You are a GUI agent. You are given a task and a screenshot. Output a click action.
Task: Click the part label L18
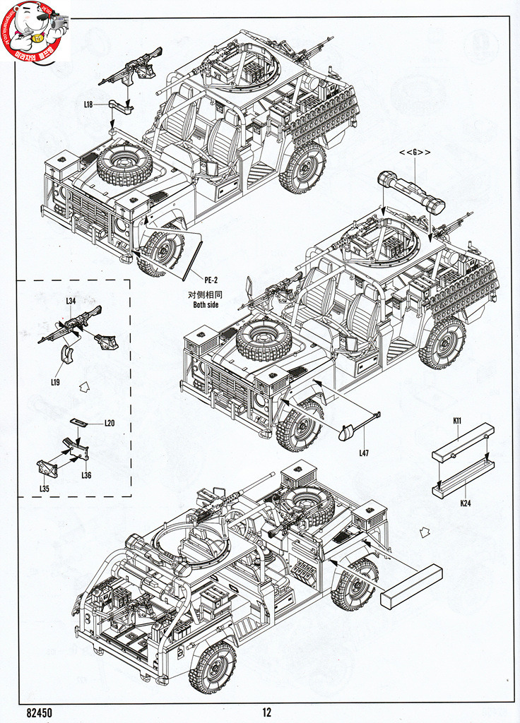[x=88, y=104]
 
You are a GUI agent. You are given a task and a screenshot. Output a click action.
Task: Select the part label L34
[x=71, y=301]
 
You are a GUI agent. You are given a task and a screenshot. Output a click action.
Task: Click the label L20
[x=109, y=423]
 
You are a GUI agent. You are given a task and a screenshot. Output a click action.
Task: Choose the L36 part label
[x=86, y=475]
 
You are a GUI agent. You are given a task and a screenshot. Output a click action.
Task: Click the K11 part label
[x=457, y=422]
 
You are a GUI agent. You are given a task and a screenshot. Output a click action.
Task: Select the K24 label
[x=466, y=504]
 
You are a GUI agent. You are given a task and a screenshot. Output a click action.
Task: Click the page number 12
[x=266, y=713]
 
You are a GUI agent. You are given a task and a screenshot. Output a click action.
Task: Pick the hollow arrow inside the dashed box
[x=85, y=387]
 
